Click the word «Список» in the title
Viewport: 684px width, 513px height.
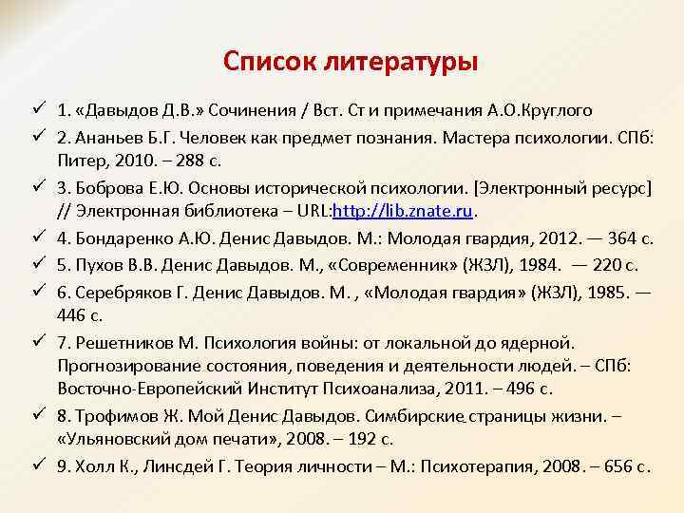click(x=270, y=62)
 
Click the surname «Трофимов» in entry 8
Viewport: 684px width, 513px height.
click(x=109, y=415)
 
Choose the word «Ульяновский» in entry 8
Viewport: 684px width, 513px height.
click(x=111, y=440)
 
